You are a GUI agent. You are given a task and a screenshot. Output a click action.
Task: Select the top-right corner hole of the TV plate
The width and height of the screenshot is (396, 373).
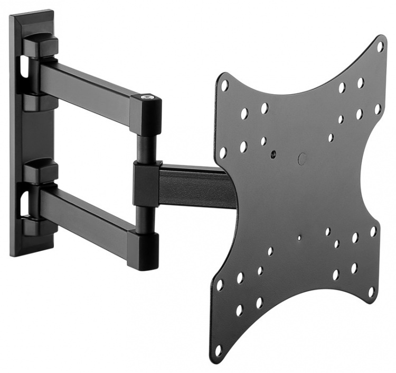(x=380, y=47)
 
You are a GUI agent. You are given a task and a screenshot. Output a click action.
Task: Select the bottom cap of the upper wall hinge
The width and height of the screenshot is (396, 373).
(x=40, y=101)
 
